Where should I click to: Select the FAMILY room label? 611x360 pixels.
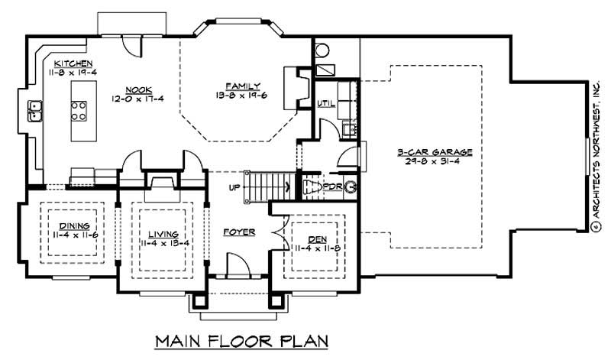238,85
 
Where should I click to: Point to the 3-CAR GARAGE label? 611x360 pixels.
435,152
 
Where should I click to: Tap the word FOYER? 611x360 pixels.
238,232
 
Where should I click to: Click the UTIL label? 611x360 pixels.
325,103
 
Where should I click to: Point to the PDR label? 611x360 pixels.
333,186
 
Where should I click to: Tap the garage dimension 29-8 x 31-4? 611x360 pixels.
435,162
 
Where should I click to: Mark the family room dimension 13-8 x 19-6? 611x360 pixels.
238,96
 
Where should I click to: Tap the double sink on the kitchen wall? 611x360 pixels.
35,112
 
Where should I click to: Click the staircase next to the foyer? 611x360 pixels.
267,186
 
